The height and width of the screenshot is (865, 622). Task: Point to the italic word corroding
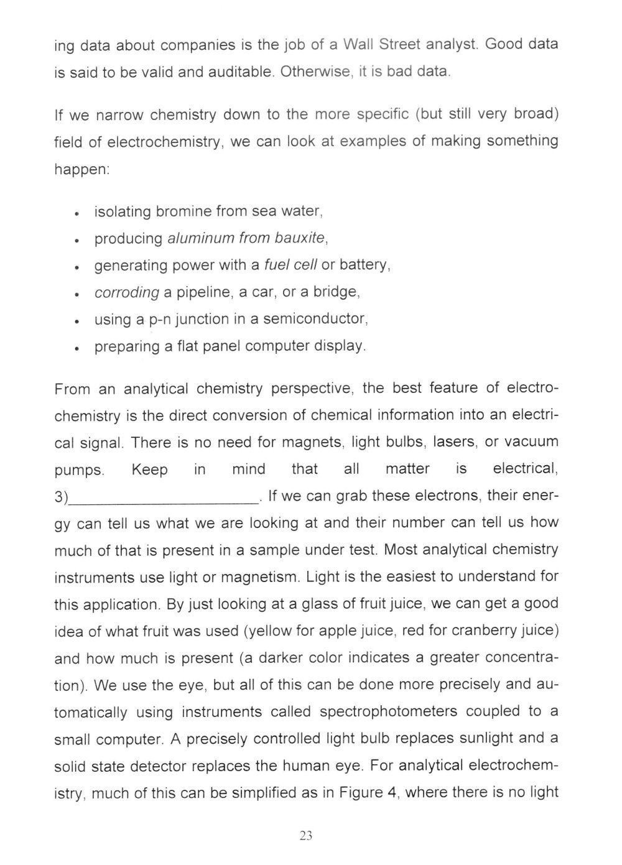[127, 292]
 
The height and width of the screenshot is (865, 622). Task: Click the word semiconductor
[315, 319]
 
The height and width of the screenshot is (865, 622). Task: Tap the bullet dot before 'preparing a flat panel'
[75, 348]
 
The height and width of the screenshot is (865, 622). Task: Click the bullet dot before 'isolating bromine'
[75, 213]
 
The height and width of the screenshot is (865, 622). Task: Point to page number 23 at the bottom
[305, 836]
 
